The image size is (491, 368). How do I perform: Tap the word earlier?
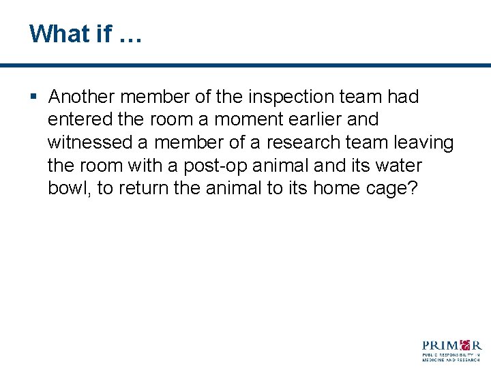[319, 120]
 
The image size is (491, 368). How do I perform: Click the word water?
[399, 166]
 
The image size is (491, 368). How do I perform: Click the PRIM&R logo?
[451, 350]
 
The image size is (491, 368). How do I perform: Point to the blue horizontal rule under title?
[245, 65]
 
